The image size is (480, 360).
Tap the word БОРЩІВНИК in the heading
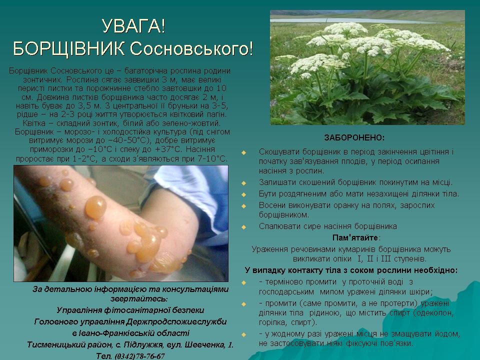[69, 48]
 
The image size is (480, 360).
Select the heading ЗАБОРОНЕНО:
[354, 138]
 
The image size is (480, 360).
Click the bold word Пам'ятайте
[355, 238]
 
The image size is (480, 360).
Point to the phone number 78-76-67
[150, 356]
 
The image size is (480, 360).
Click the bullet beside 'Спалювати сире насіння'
[243, 227]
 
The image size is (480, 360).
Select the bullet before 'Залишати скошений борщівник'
[243, 183]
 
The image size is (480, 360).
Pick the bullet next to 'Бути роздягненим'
[243, 194]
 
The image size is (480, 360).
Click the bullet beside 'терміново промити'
[243, 282]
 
